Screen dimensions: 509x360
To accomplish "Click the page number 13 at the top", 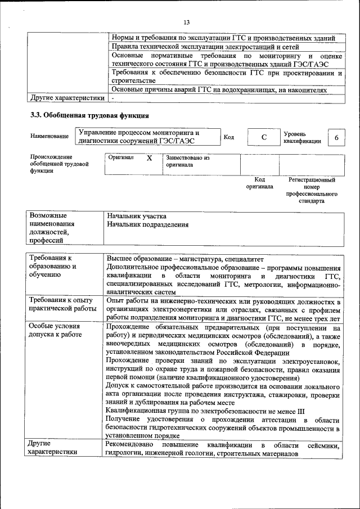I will pyautogui.click(x=186, y=22).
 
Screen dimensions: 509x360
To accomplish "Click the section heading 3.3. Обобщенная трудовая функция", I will pyautogui.click(x=89, y=116).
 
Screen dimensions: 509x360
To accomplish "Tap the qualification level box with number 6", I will pyautogui.click(x=336, y=138).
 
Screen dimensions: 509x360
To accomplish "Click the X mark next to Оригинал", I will pyautogui.click(x=149, y=159).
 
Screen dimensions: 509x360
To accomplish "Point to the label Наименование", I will pyautogui.click(x=50, y=136).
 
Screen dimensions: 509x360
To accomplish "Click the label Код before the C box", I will pyautogui.click(x=229, y=137).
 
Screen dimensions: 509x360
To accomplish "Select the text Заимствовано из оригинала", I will pyautogui.click(x=187, y=161).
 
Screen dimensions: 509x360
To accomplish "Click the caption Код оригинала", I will pyautogui.click(x=259, y=183).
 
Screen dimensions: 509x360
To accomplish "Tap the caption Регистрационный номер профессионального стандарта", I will pyautogui.click(x=312, y=190).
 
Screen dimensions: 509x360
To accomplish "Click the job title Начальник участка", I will pyautogui.click(x=137, y=216).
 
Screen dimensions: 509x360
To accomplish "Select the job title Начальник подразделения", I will pyautogui.click(x=147, y=225).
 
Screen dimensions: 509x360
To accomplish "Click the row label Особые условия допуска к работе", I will pyautogui.click(x=55, y=330).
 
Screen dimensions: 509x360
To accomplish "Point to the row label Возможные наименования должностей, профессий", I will pyautogui.click(x=52, y=228).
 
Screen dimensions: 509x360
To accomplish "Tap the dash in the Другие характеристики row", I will pyautogui.click(x=112, y=98).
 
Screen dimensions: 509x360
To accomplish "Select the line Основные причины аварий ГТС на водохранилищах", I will pyautogui.click(x=218, y=89).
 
